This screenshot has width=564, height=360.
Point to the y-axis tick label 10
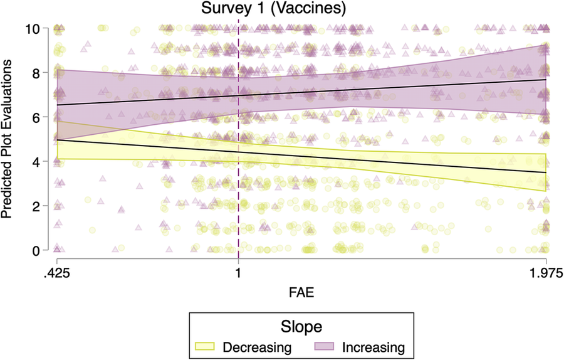coord(36,29)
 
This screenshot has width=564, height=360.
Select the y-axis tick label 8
coord(40,73)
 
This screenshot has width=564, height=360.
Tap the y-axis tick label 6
coord(40,117)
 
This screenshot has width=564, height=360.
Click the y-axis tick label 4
coord(40,162)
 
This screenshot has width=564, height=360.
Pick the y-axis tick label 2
coord(40,206)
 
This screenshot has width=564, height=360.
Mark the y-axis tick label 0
coord(40,250)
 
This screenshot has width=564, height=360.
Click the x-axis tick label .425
coord(57,273)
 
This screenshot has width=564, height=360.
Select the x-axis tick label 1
coord(238,273)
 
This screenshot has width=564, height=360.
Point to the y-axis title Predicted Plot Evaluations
coord(9,139)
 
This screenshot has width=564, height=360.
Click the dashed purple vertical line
coord(238,188)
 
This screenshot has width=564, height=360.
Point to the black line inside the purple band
coord(376,90)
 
